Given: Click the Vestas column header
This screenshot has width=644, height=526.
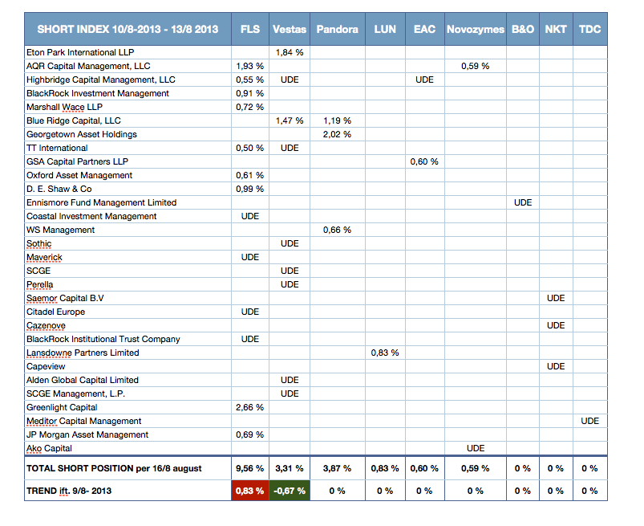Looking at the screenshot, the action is coord(290,29).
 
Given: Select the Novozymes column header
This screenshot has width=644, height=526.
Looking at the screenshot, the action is coord(476,29).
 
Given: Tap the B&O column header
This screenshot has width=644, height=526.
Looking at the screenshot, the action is coord(522,29).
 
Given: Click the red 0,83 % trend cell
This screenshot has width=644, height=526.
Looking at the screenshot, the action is coord(249,491).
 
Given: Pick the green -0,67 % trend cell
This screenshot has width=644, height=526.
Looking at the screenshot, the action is coord(290,491).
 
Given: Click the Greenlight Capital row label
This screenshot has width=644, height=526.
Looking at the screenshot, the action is coord(62,407).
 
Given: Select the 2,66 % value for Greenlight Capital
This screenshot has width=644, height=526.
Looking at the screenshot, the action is coord(249,407).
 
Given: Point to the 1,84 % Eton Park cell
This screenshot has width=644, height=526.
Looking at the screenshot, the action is coord(290,52).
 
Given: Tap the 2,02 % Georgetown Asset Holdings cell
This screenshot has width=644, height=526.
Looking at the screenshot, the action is coord(337,134).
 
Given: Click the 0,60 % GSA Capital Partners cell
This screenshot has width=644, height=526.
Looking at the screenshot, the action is coord(424,161).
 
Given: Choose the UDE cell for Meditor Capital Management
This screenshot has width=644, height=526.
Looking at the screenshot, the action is coord(589,421).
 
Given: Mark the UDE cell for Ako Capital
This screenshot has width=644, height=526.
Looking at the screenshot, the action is coord(476,448).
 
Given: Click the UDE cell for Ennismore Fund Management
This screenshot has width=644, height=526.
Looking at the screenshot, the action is coord(523,202).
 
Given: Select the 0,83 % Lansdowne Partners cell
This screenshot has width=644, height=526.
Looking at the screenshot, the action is coord(385,353).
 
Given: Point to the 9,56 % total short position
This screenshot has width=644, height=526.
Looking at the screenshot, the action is coord(249,468).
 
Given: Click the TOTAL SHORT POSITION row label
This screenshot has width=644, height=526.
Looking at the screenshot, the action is coord(114,468).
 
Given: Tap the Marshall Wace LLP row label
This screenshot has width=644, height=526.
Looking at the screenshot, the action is coord(64,107).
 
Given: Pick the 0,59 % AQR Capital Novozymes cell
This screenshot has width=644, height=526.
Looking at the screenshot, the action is coord(476,66).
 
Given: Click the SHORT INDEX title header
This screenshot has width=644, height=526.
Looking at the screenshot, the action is coord(128,29).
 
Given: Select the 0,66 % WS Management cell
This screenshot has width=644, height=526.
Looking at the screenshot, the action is coord(337,230).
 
